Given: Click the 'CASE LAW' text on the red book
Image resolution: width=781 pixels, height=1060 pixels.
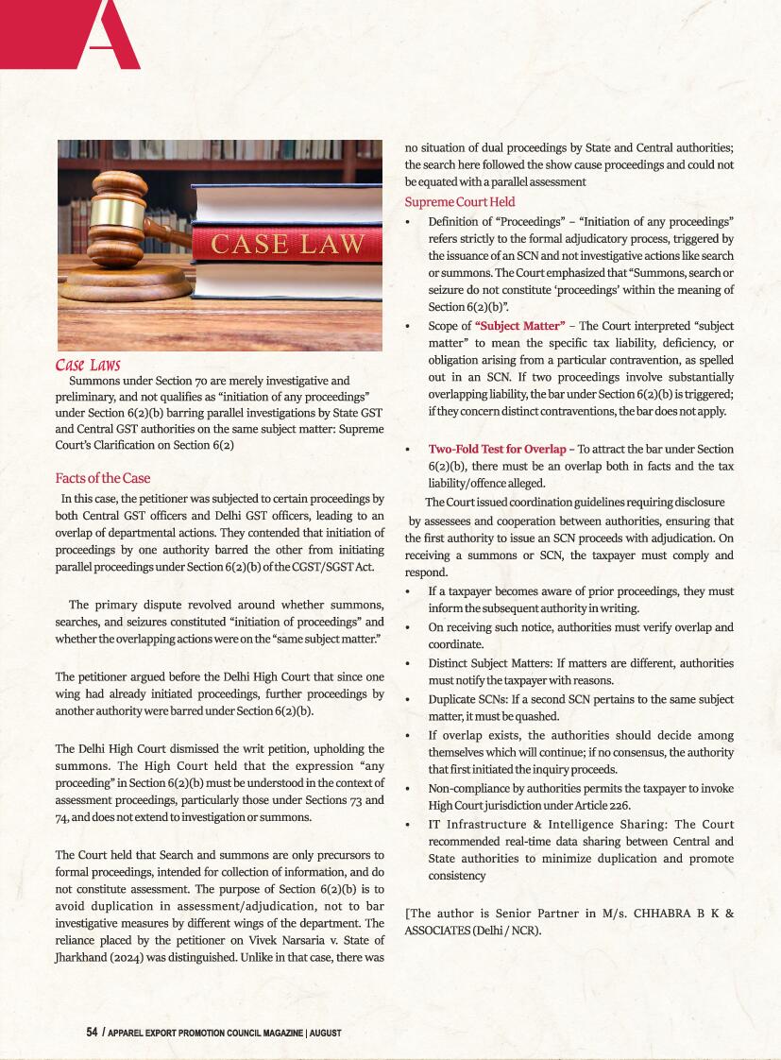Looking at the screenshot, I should (x=287, y=244).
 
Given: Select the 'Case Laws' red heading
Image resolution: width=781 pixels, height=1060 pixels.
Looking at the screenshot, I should (x=88, y=366).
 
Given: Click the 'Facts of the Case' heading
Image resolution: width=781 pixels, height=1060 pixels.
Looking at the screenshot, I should (x=103, y=478).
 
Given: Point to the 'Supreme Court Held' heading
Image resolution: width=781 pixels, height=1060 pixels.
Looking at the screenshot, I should (x=460, y=201).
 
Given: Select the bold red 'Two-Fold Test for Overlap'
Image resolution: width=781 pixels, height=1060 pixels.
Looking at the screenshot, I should (x=497, y=449).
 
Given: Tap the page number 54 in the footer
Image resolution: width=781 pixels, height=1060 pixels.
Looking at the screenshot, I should (x=93, y=1033).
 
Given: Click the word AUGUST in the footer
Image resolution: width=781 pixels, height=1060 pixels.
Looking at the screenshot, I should (x=326, y=1034).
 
